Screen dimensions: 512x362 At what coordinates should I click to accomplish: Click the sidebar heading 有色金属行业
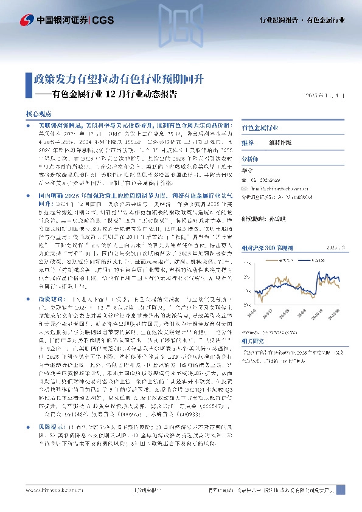click(260, 128)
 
